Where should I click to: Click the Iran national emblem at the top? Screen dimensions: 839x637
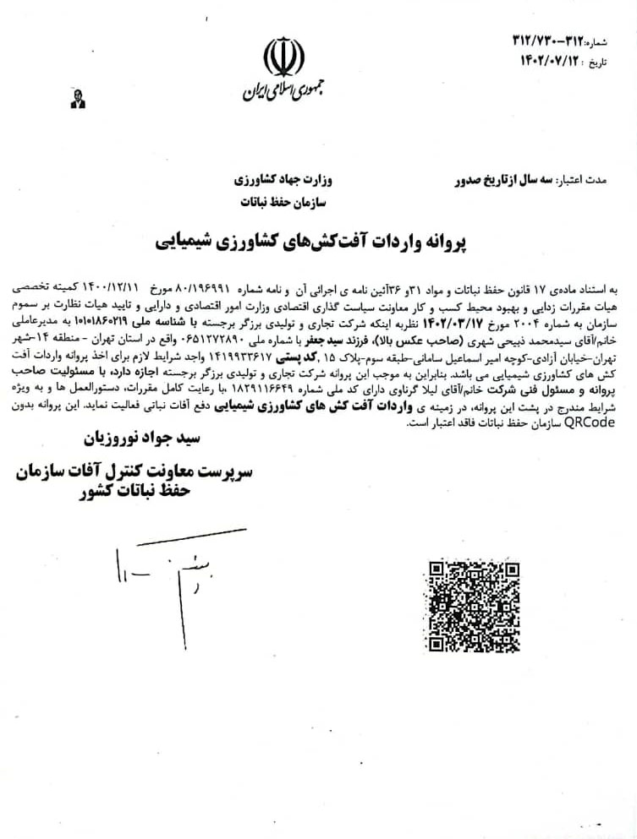pyautogui.click(x=284, y=57)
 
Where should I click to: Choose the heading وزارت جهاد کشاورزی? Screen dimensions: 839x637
pyautogui.click(x=281, y=181)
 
